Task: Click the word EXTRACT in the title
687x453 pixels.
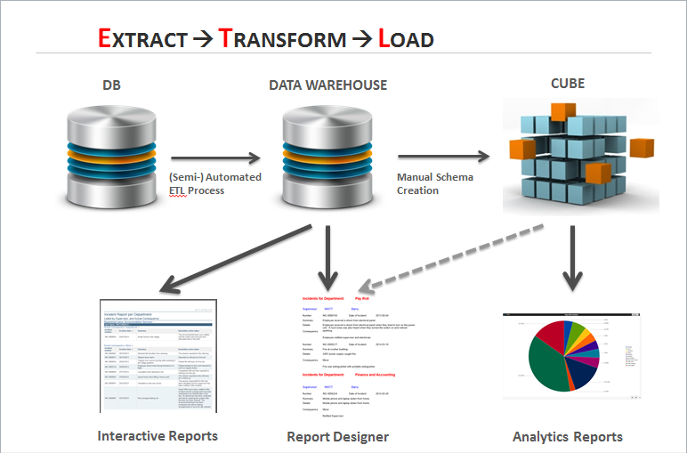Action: point(142,38)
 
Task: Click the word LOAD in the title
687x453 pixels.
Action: point(406,38)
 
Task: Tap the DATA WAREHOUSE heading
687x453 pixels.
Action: point(328,85)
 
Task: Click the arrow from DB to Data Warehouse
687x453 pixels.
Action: point(214,159)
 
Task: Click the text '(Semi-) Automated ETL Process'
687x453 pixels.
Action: point(214,184)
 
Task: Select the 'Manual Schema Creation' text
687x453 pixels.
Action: point(435,183)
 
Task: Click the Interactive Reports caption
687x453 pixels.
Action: point(157,435)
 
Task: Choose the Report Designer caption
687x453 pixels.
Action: point(337,436)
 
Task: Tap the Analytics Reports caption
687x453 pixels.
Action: point(568,436)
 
